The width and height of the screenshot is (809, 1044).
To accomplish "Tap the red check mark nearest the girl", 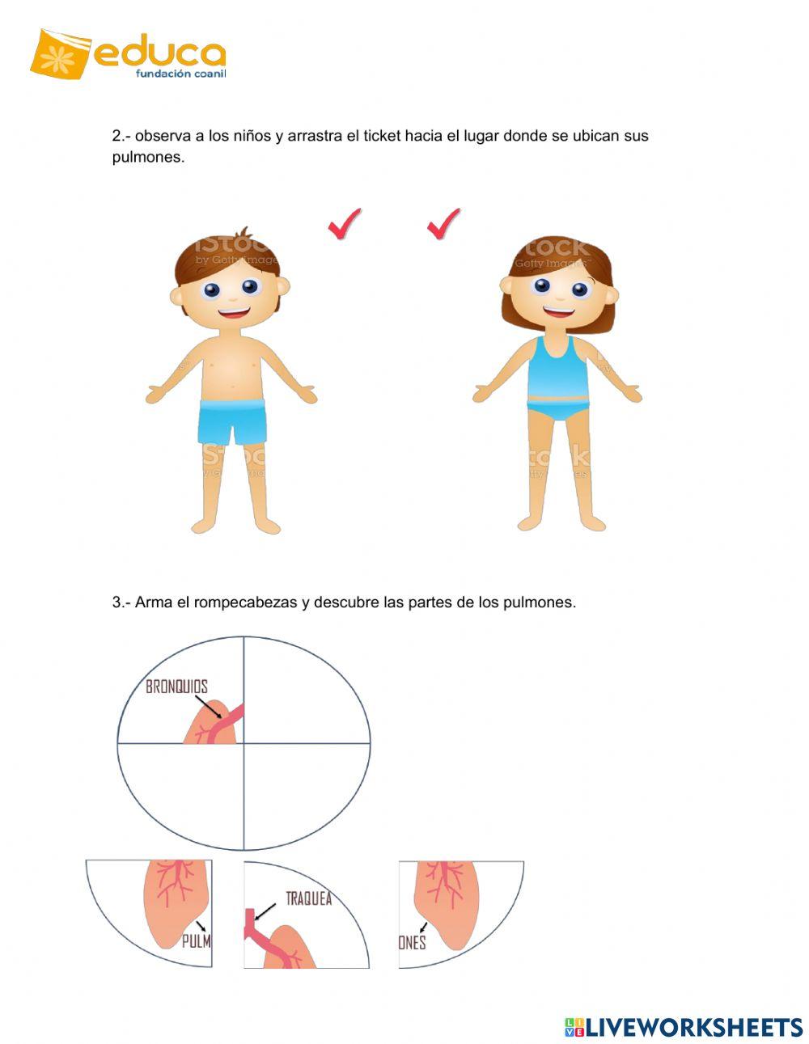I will point(443,223).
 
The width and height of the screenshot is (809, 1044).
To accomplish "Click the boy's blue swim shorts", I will point(232,420).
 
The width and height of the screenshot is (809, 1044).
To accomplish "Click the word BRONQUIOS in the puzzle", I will point(176,687).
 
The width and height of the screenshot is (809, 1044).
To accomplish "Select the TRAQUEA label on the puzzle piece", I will point(308,898).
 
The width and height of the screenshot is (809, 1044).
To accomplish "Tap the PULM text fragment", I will point(196,941).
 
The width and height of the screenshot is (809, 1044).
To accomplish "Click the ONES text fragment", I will point(413,942).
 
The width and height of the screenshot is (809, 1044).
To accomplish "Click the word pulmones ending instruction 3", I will point(540,602).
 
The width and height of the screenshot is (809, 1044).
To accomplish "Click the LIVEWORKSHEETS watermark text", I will point(693,1027).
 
